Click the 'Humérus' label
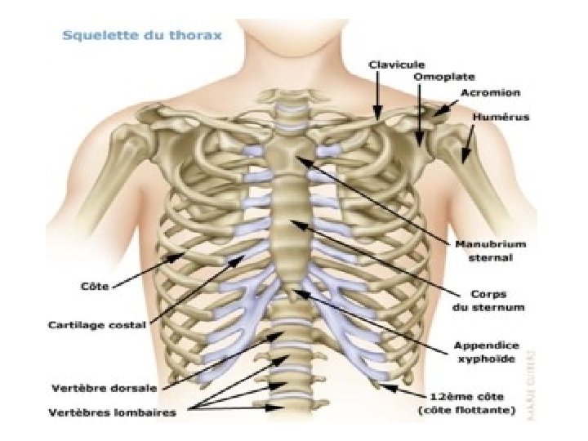pyautogui.click(x=501, y=117)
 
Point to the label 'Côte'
pyautogui.click(x=95, y=287)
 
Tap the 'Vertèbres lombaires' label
pyautogui.click(x=112, y=412)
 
